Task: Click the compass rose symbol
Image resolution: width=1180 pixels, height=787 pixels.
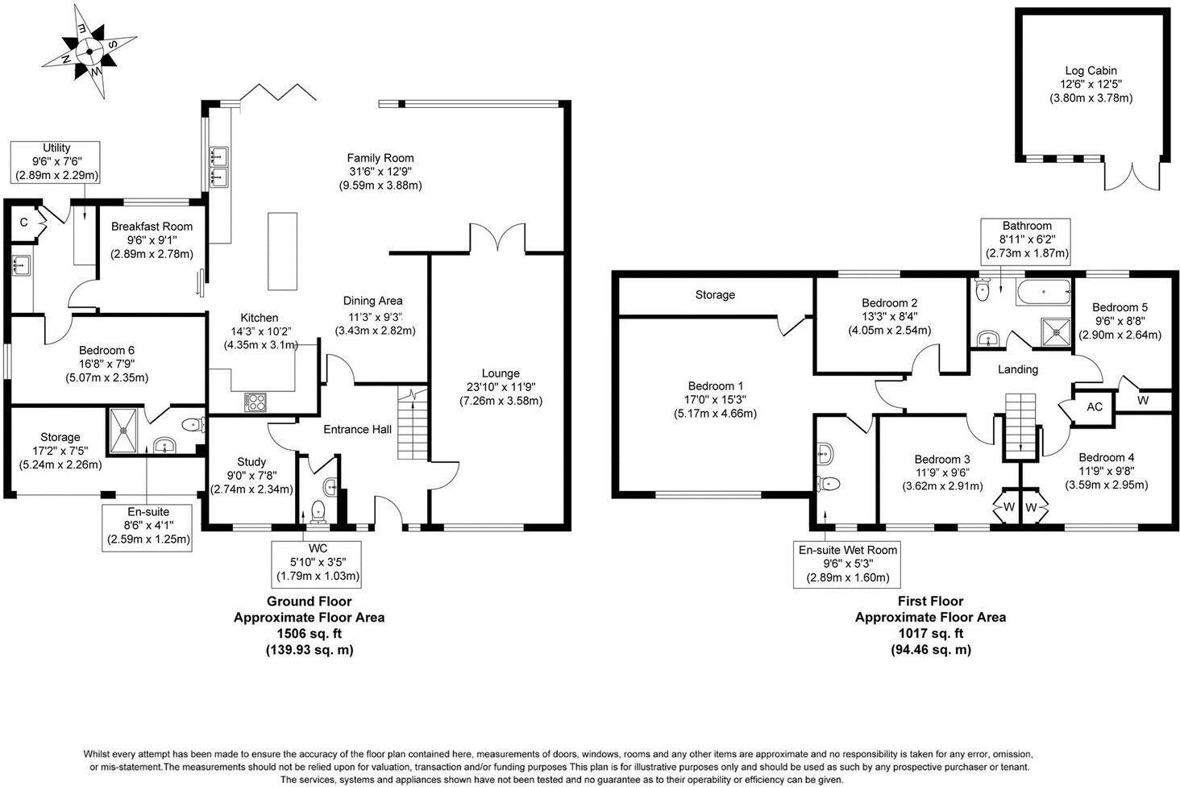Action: pos(88,51)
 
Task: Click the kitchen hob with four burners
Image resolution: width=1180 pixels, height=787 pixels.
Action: pos(256,401)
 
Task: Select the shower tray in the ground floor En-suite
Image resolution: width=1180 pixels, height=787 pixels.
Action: pos(126,431)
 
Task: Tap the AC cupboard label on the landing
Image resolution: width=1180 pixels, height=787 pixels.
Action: pos(1094,406)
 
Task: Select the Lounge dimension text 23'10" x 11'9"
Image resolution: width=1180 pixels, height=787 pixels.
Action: pos(501,387)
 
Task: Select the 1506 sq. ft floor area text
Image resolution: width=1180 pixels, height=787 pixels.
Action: pos(309,634)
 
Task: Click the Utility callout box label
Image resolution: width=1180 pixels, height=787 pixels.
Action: pos(56,161)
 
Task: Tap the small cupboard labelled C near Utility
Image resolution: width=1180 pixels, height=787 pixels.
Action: pos(24,223)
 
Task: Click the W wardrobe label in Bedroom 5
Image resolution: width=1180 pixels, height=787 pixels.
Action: pos(1143,401)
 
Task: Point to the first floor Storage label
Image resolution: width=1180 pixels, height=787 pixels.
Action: pos(715,295)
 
